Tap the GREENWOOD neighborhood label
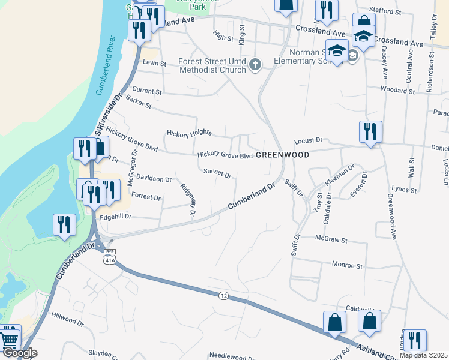click(282, 155)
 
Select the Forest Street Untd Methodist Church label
click(212, 65)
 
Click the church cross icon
click(256, 64)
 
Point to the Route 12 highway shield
click(223, 295)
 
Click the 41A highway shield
click(108, 260)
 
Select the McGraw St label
click(331, 240)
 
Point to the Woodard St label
click(398, 91)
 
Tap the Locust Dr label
click(309, 141)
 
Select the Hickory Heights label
click(190, 133)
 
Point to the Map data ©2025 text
click(424, 355)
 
